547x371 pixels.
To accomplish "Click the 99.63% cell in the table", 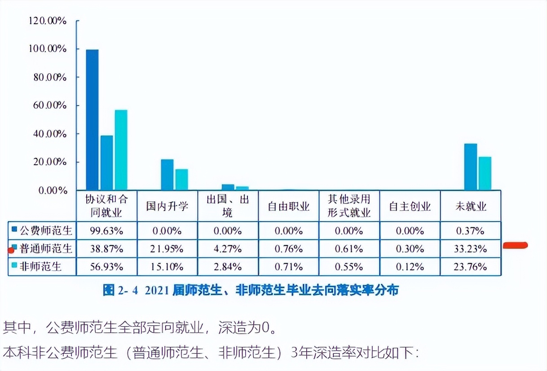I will click(x=106, y=231).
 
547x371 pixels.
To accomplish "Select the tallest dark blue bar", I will click(x=92, y=119).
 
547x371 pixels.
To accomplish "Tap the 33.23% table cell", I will click(x=470, y=248).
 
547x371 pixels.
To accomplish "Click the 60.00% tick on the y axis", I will click(x=49, y=106).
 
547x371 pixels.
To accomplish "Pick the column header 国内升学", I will click(x=167, y=206).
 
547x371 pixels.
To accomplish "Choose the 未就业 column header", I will click(x=470, y=206).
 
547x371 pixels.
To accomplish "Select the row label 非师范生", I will click(x=44, y=266).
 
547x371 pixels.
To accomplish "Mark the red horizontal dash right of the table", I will click(x=515, y=245).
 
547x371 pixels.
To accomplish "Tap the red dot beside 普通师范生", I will click(x=11, y=250).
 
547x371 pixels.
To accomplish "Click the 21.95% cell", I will click(x=167, y=248).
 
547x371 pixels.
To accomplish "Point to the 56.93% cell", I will click(x=106, y=266).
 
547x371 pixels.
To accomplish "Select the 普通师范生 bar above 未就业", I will click(x=470, y=167).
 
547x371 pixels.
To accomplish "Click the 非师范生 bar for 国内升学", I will click(x=181, y=179).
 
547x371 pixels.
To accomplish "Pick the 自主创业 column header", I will click(x=410, y=206).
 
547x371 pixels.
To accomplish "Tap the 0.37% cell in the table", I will click(x=470, y=231).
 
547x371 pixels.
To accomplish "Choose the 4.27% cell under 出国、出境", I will click(x=228, y=248).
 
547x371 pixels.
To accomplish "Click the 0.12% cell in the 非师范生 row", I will click(x=410, y=266).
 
